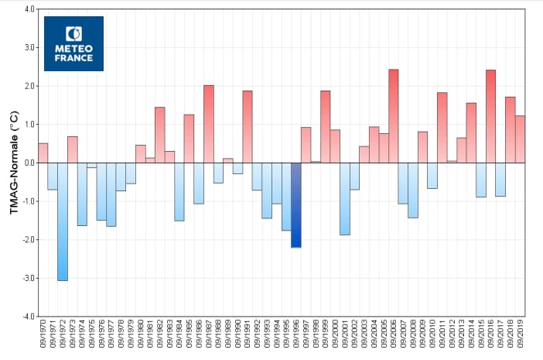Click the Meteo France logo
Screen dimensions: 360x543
tap(73, 43)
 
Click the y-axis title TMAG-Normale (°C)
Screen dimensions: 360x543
tap(13, 163)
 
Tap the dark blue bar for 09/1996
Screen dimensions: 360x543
tap(296, 205)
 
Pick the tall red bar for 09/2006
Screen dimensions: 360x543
tap(393, 116)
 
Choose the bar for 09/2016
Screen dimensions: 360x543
tap(490, 116)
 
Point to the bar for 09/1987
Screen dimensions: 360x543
tap(209, 124)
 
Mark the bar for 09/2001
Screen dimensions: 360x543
tap(345, 198)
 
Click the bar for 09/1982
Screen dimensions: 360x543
tap(160, 135)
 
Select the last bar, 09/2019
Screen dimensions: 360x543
tap(520, 139)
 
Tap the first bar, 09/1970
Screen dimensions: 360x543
tap(43, 153)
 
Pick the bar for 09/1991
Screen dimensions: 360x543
tap(248, 127)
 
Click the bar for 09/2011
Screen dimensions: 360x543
tap(442, 128)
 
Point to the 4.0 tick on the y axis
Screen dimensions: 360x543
tap(29, 9)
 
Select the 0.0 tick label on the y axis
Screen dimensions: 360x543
tap(29, 163)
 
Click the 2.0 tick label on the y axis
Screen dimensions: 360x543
tap(29, 86)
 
